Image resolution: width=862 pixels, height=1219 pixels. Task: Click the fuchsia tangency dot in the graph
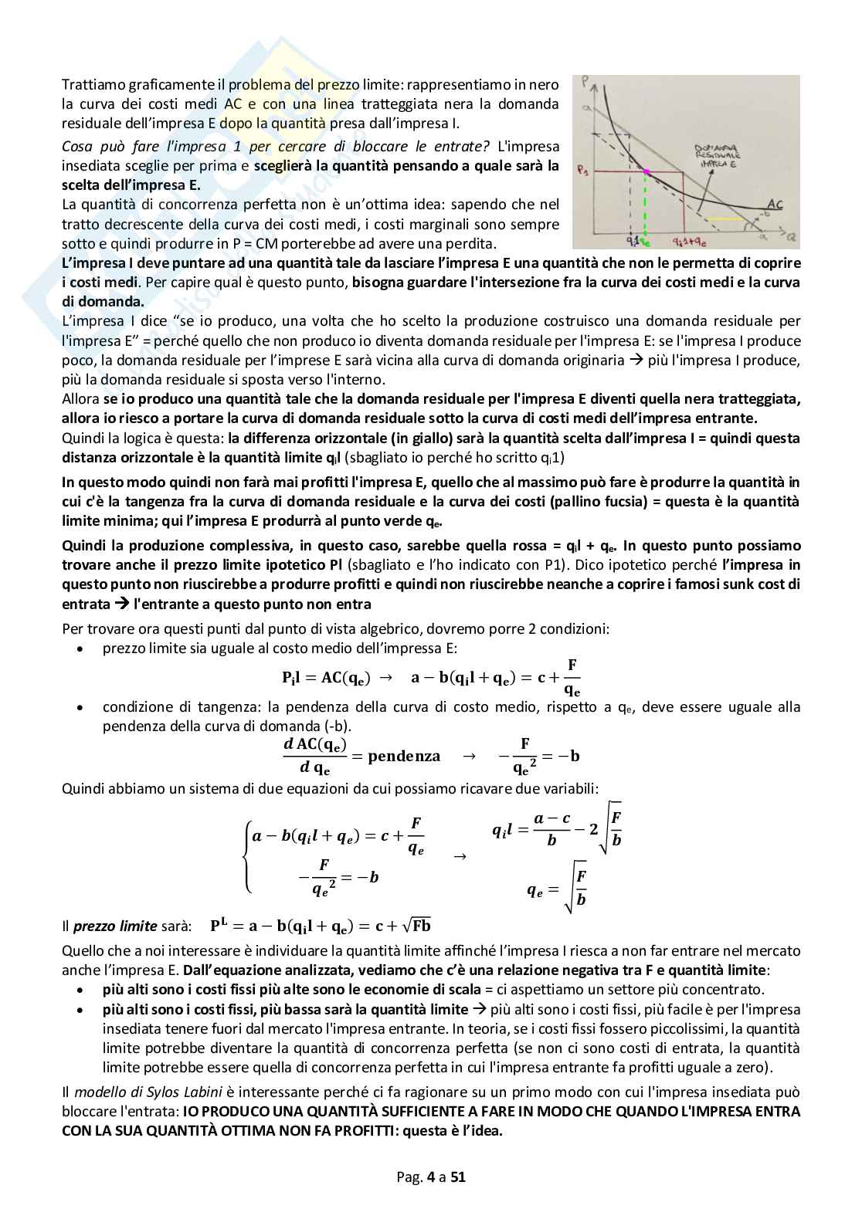click(646, 171)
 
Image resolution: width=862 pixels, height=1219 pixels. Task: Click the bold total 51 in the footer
click(458, 1177)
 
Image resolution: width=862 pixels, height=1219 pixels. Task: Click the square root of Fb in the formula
click(416, 925)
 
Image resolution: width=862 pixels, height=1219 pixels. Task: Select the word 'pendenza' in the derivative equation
click(404, 756)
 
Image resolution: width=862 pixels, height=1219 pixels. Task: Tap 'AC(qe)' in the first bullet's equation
click(345, 678)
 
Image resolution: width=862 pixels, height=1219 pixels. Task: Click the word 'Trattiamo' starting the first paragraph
click(90, 84)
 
